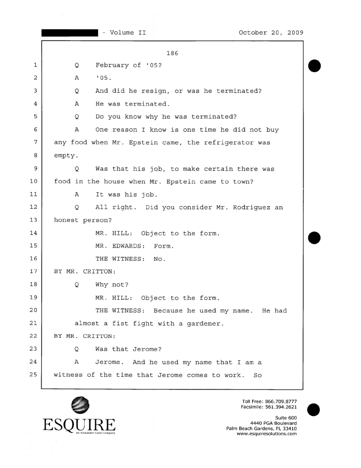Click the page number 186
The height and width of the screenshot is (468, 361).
(172, 54)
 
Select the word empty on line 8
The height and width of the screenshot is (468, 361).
(65, 156)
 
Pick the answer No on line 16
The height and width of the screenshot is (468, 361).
(159, 258)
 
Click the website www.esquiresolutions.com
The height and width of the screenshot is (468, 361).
(267, 434)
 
